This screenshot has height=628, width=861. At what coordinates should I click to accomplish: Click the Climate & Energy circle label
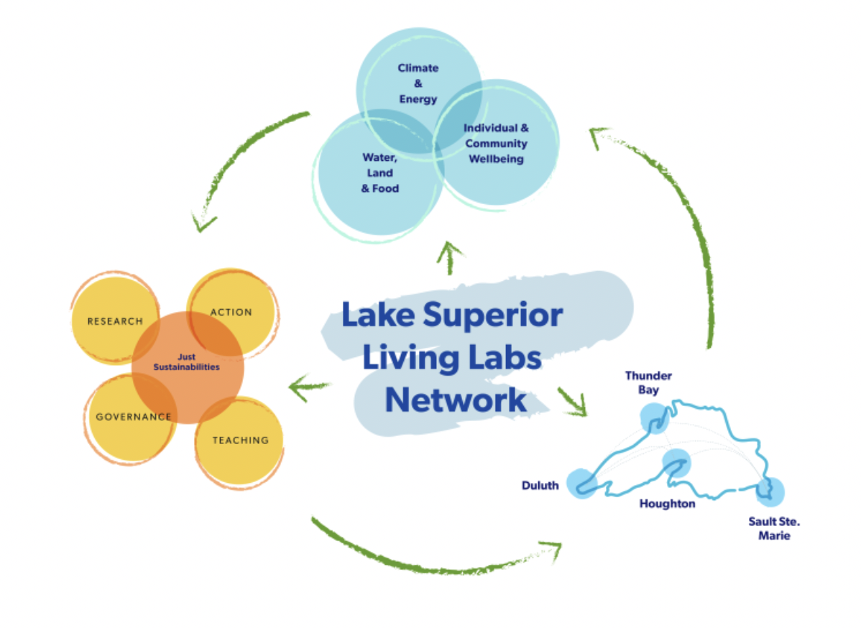tap(418, 83)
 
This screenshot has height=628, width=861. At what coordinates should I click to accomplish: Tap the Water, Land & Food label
tap(380, 172)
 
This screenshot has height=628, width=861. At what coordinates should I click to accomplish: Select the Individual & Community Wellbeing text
tap(496, 143)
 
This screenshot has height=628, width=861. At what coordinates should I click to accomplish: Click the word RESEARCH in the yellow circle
tap(115, 321)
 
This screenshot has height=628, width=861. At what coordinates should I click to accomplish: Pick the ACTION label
tap(231, 312)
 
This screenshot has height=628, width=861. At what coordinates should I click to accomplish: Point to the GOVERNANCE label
tap(134, 416)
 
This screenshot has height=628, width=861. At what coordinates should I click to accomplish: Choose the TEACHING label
tap(240, 440)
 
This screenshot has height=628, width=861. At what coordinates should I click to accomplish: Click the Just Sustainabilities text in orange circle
tap(188, 361)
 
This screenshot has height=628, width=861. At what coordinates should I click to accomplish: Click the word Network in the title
tap(455, 400)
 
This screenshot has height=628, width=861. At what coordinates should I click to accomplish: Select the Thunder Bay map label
tap(648, 382)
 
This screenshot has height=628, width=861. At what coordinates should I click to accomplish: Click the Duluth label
tap(540, 486)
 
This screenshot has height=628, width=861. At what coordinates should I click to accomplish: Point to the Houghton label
tap(667, 504)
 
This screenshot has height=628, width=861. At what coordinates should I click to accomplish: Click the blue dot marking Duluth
tap(582, 484)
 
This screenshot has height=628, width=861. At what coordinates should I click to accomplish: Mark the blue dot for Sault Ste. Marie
tap(769, 492)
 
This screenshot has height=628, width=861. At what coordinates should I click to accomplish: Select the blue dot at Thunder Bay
tap(654, 417)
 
